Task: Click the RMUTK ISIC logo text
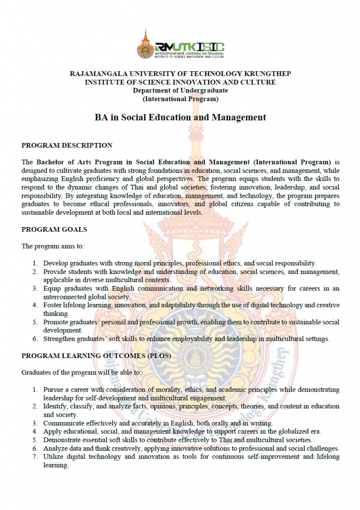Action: [x=190, y=46]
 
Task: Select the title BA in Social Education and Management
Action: [x=180, y=118]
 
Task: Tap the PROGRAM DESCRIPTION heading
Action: [x=67, y=145]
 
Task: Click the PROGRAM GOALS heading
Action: [x=54, y=229]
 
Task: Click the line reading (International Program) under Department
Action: [x=180, y=99]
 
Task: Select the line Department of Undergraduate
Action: [x=180, y=90]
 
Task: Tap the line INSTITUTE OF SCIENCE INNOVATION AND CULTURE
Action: [x=180, y=82]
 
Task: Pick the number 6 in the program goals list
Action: [x=35, y=339]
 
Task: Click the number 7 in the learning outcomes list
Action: [x=35, y=457]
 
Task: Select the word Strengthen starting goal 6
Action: [x=58, y=339]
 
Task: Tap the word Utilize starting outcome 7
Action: [x=53, y=457]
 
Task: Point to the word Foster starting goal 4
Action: [x=52, y=305]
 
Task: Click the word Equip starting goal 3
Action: [x=52, y=288]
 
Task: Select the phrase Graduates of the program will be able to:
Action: [x=81, y=373]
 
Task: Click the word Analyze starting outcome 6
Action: [x=55, y=448]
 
